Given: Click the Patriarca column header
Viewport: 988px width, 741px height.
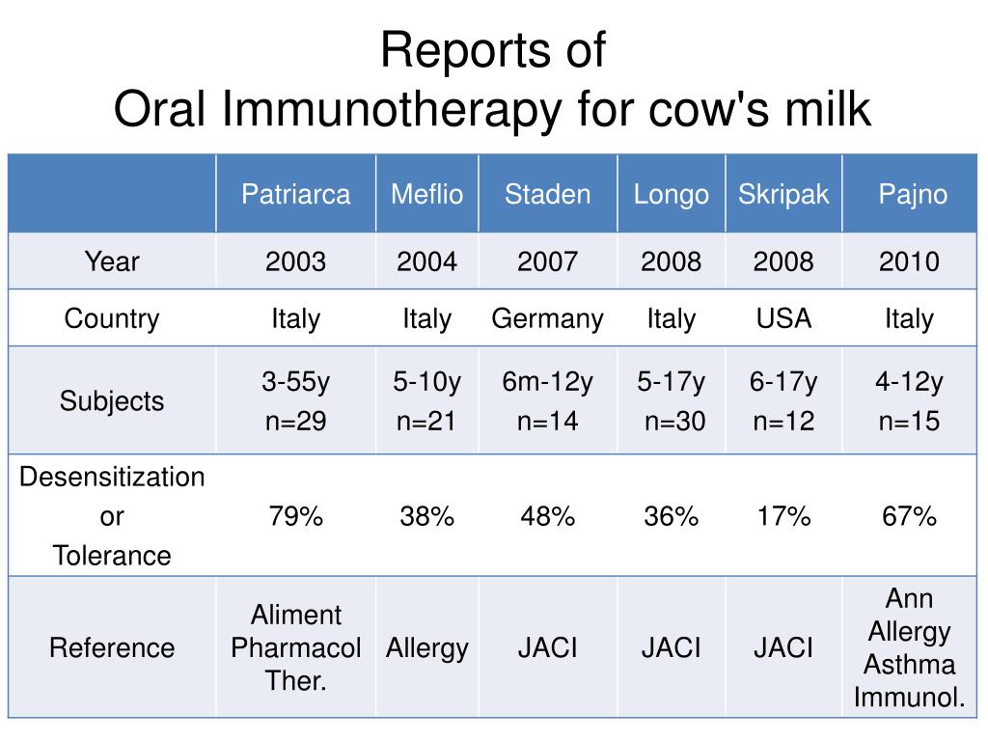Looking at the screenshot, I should tap(295, 194).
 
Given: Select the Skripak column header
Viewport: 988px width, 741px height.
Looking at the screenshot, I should tap(783, 194).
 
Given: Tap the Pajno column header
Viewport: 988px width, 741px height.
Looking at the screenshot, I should tap(912, 194).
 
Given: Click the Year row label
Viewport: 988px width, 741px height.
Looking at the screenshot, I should tap(112, 261).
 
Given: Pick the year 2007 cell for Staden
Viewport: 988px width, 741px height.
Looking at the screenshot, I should tap(547, 261).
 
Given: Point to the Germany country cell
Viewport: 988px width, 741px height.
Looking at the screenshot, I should tap(547, 319).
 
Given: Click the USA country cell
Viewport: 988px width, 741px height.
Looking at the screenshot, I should tap(783, 318).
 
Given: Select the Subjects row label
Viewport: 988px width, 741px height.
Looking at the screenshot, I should tap(112, 401).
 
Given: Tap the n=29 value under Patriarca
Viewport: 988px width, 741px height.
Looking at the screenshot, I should tap(295, 422).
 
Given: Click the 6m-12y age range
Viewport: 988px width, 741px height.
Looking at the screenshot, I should tap(547, 383).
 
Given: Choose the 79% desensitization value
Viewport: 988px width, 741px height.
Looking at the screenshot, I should tap(295, 517).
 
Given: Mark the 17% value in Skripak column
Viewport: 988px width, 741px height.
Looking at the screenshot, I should tap(783, 517).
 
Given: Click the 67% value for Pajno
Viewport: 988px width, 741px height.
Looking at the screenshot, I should tap(909, 517).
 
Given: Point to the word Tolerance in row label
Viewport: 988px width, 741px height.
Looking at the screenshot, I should tap(112, 556).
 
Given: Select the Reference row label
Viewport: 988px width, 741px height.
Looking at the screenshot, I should tap(112, 647).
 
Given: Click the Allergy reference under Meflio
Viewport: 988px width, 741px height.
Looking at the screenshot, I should tap(426, 648).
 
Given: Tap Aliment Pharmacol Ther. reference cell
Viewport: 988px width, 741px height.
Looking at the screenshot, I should tap(295, 648).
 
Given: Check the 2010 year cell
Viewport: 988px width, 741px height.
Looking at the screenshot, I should tap(909, 261).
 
